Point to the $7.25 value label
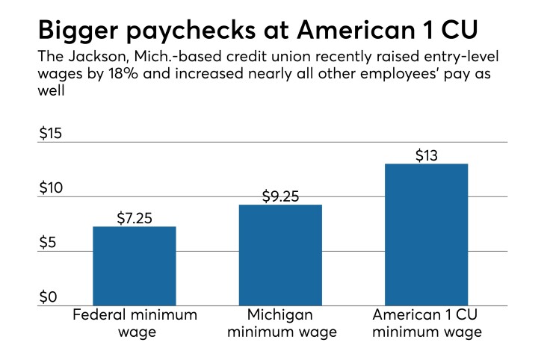pos(135,219)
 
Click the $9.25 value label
pos(280,197)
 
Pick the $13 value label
pos(427,156)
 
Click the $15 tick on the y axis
pos(51,134)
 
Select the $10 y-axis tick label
pos(51,188)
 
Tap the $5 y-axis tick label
pos(48,243)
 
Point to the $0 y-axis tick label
pos(48,297)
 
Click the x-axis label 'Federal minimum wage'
pos(135,323)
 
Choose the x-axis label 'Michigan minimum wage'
pos(280,323)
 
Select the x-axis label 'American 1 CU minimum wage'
pos(427,323)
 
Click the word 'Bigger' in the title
pos(84,31)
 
